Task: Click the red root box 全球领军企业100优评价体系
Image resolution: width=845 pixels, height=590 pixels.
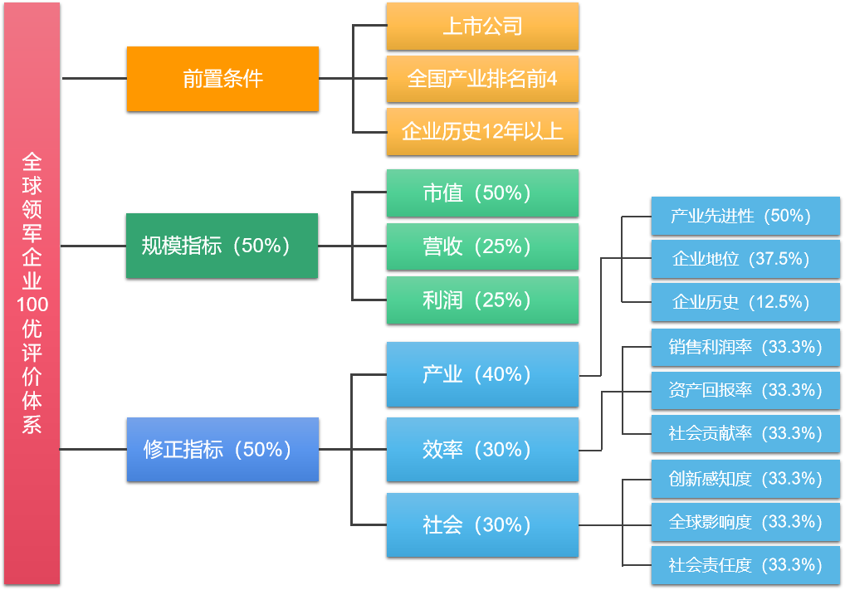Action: point(32,293)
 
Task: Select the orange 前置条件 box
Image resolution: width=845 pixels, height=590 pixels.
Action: point(222,79)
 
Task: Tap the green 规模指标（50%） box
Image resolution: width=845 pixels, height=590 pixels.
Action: point(222,246)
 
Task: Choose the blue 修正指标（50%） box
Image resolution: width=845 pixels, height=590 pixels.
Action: point(222,449)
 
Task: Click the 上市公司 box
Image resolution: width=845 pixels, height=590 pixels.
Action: point(482,27)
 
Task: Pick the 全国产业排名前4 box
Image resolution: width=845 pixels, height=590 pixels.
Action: point(482,79)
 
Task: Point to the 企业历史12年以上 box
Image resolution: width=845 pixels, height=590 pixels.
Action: point(482,131)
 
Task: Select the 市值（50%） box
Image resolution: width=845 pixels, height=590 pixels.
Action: point(482,193)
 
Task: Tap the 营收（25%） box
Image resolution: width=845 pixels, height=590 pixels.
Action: point(482,246)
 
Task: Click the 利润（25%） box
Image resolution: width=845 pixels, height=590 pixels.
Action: point(482,300)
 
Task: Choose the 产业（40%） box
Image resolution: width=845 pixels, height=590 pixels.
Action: point(482,374)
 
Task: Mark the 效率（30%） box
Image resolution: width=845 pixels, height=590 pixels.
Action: point(482,449)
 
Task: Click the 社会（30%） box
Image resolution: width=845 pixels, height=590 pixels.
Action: point(482,524)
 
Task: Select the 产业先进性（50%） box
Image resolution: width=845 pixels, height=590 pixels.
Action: point(745,216)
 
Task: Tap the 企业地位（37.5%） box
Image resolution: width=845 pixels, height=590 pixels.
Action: point(745,259)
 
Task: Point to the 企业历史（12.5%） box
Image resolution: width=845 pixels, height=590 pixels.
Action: point(745,302)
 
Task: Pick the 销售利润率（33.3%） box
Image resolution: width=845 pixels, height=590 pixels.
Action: point(745,347)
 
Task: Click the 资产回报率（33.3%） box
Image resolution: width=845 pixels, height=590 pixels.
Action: point(745,390)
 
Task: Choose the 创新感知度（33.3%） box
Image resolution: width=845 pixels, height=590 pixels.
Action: point(745,479)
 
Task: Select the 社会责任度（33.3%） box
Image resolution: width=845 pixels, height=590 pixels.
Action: point(745,565)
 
